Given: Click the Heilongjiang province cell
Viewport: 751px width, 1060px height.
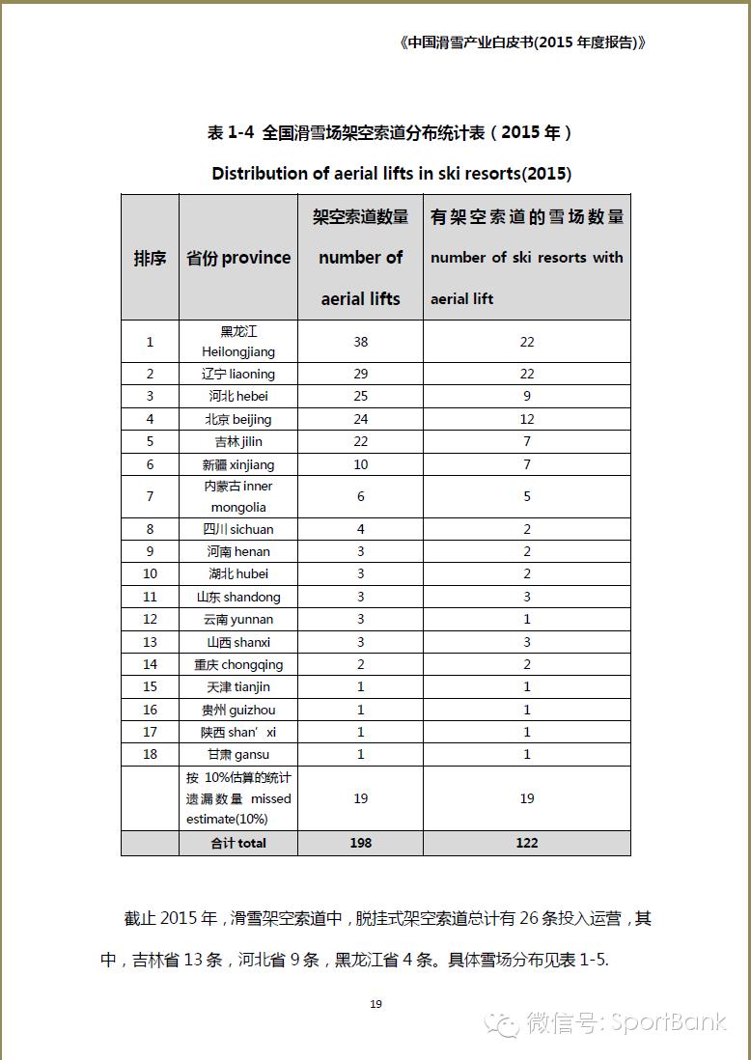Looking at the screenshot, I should click(237, 342).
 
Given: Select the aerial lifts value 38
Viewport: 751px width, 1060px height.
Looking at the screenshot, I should click(360, 342).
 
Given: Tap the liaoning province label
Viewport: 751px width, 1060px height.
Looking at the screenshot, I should click(237, 374).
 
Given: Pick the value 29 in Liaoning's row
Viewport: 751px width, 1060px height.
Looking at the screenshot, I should click(360, 374).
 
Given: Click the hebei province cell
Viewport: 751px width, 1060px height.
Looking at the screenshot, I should click(237, 396).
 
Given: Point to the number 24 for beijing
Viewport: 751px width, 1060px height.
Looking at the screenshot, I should click(360, 419).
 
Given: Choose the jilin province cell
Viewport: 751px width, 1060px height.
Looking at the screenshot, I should click(237, 441).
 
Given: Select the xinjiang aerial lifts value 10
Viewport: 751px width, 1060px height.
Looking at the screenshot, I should click(360, 464).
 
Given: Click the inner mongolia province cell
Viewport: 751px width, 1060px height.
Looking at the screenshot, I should click(237, 496).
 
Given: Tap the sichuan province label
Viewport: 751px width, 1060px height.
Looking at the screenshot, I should click(237, 529).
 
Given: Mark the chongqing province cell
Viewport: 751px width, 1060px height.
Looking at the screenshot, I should click(237, 664).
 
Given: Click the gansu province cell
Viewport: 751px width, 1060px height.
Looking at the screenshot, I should click(237, 754).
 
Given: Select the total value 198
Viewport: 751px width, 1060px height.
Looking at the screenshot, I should click(360, 843).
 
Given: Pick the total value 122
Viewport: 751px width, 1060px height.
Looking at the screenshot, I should click(526, 843).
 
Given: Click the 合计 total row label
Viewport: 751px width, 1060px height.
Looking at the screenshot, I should click(237, 843).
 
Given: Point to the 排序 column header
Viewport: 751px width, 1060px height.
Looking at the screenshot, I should click(150, 258).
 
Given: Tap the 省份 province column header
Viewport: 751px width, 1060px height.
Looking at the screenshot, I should click(237, 258).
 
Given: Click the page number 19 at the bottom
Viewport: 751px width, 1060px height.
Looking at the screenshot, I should click(375, 1004).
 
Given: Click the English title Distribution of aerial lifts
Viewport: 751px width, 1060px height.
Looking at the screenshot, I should click(391, 174).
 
